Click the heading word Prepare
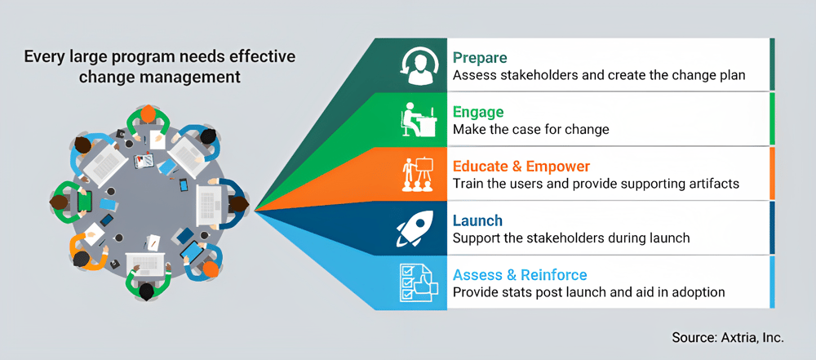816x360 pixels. (x=481, y=58)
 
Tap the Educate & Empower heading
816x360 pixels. (x=521, y=167)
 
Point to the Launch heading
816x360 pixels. (x=477, y=220)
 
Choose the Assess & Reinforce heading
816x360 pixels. (x=520, y=275)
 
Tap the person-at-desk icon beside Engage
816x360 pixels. (x=413, y=119)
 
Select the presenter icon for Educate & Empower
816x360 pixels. (x=413, y=173)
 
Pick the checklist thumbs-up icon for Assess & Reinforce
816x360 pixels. (x=413, y=282)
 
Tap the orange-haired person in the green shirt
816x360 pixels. (x=147, y=115)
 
